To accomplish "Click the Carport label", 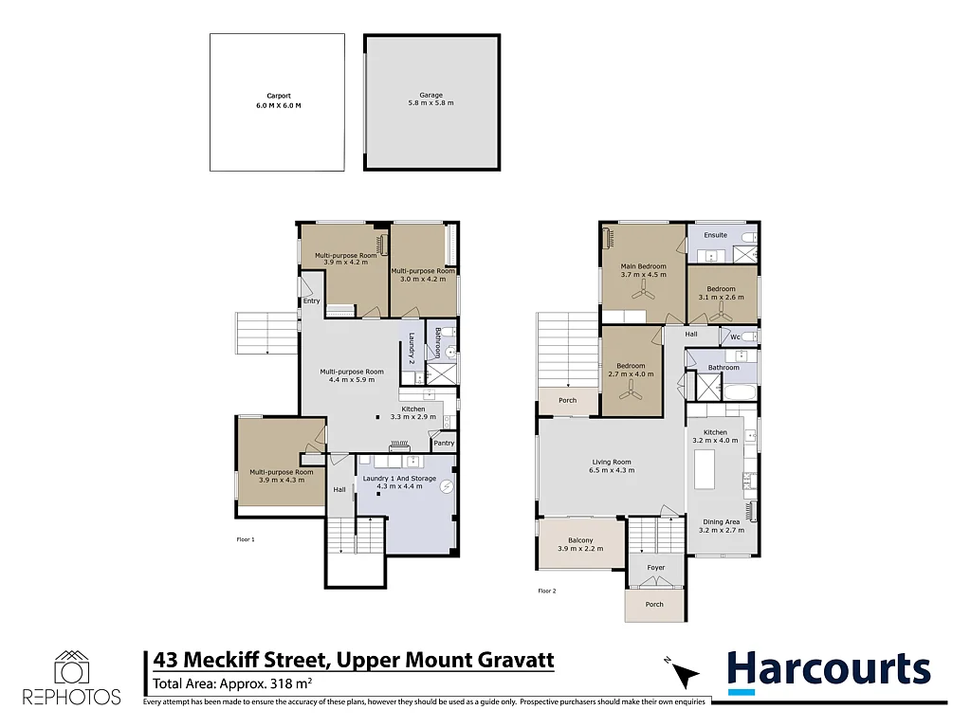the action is click(x=279, y=96).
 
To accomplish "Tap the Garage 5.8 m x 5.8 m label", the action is click(x=431, y=99).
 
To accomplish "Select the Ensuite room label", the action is click(x=715, y=235).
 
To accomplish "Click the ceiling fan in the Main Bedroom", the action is click(x=644, y=290).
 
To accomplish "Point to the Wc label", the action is click(x=735, y=337).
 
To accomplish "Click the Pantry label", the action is click(x=444, y=444).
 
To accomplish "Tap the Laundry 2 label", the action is click(x=412, y=348).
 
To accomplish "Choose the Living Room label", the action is click(x=612, y=462).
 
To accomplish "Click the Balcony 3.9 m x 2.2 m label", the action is click(x=580, y=545).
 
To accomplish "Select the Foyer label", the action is click(x=656, y=568).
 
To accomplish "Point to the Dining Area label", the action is click(x=722, y=522).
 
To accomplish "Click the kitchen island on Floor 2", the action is click(x=705, y=469).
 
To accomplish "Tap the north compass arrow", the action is click(x=685, y=674).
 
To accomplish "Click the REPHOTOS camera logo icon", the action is click(x=72, y=667).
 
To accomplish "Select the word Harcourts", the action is click(x=829, y=670).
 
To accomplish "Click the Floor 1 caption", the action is click(x=246, y=539).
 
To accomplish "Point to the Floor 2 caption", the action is click(x=547, y=591).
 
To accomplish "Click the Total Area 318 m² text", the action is click(x=232, y=684).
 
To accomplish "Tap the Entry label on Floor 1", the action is click(x=311, y=300).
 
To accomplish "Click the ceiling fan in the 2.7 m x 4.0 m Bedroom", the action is click(x=631, y=390).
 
